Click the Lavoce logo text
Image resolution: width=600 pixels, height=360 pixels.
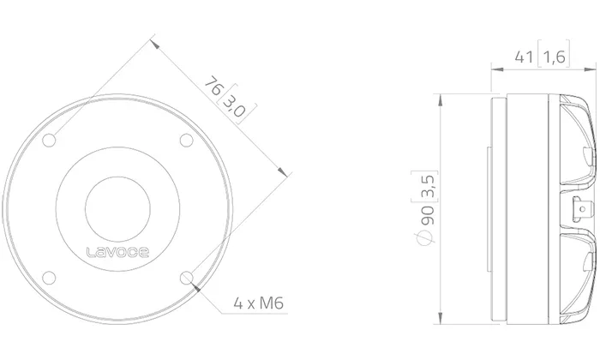[x=117, y=252]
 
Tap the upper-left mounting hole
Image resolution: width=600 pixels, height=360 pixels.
[x=49, y=140]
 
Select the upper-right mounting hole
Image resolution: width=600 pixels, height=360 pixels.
[x=186, y=140]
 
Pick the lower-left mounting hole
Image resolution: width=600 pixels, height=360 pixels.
[x=49, y=278]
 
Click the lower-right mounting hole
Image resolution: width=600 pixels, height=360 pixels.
[x=186, y=278]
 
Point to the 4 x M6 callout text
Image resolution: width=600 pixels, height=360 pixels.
[x=259, y=303]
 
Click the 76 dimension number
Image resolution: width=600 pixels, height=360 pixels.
[x=213, y=86]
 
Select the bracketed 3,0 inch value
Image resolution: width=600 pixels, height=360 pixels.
[x=235, y=106]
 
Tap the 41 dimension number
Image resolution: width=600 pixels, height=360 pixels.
[x=524, y=57]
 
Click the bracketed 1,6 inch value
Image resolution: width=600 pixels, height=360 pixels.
[x=554, y=57]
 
